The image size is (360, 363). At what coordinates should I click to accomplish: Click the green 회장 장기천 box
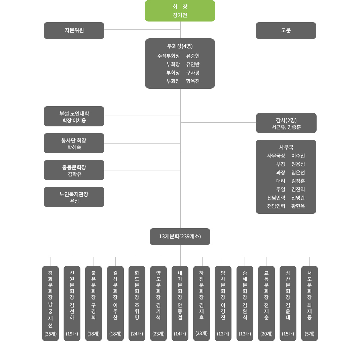[180, 11]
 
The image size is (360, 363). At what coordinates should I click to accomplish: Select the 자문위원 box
[74, 31]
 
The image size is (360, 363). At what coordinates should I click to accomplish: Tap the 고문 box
[286, 31]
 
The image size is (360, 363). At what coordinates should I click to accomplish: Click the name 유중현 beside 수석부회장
[193, 56]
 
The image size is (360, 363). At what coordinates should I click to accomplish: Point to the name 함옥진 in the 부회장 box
[193, 81]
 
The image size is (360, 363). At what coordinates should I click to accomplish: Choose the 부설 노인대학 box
[74, 116]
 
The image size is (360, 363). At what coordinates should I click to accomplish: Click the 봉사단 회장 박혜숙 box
[74, 143]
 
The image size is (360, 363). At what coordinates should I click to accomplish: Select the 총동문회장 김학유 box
[74, 170]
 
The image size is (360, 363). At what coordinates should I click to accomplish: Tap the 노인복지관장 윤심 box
[74, 197]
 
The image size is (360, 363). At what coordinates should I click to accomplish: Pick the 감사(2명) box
[286, 123]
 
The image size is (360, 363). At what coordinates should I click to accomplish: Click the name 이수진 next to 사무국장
[298, 156]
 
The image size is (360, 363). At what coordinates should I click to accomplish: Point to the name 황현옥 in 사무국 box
[298, 206]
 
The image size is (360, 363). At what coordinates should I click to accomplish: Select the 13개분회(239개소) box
[180, 237]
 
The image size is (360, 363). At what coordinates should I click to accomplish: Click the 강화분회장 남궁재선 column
[50, 304]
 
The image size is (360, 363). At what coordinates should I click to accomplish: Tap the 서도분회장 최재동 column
[310, 304]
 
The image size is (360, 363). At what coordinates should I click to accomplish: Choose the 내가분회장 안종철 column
[180, 304]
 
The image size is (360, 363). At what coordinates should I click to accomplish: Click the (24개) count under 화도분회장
[137, 334]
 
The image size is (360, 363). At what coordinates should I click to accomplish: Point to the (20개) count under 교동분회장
[266, 334]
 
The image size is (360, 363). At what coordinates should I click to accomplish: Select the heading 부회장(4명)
[180, 46]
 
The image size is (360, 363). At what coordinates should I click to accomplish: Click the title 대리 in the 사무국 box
[281, 181]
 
